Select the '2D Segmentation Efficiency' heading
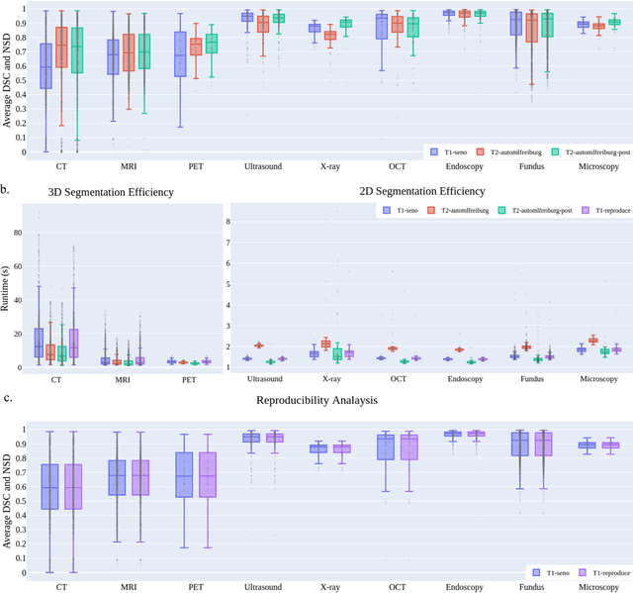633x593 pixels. [428, 191]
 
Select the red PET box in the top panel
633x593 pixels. [195, 47]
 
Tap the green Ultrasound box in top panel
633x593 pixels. [278, 18]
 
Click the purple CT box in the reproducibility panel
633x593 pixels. [73, 486]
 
